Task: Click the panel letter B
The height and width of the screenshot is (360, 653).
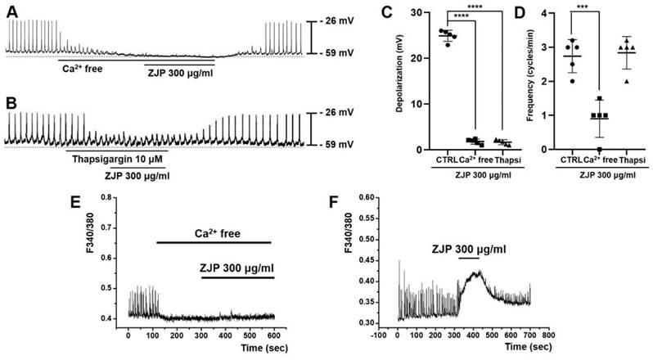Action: (x=10, y=104)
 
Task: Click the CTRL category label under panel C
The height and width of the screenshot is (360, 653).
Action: (x=448, y=160)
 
